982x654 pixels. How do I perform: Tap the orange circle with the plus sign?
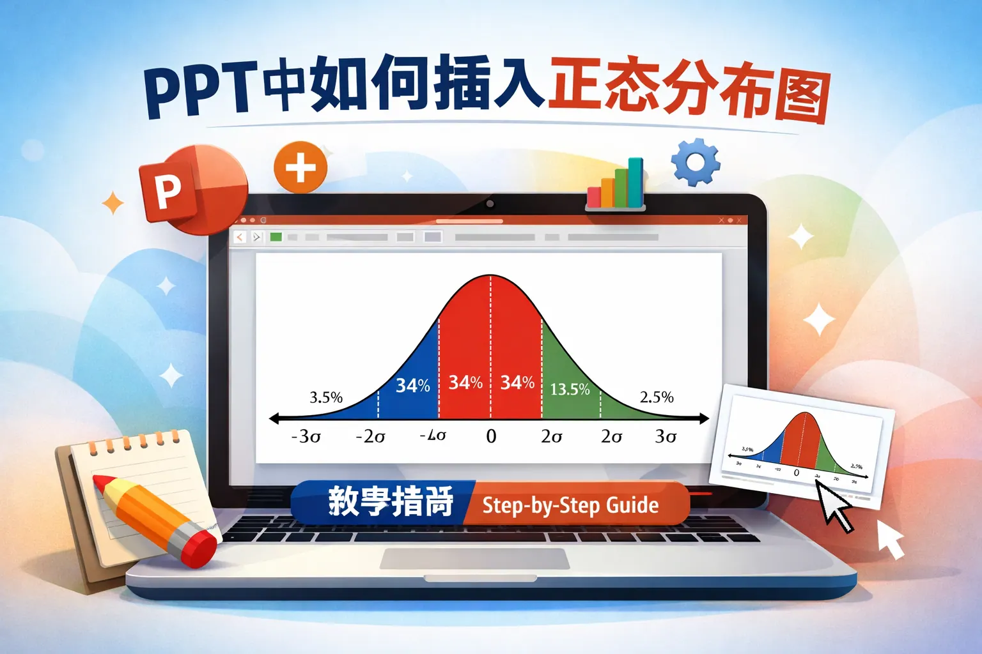(x=300, y=167)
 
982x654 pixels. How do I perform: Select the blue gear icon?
(x=696, y=162)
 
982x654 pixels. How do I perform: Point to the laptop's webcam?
(x=490, y=204)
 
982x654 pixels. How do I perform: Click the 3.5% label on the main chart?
(x=326, y=397)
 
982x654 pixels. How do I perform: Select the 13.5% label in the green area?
(x=570, y=389)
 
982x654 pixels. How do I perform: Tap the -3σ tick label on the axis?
(x=306, y=436)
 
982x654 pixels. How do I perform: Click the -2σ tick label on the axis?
(x=370, y=437)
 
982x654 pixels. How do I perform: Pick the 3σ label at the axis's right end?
(x=666, y=436)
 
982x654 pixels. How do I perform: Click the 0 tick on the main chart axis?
(x=491, y=436)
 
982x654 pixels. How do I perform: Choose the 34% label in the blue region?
(x=412, y=386)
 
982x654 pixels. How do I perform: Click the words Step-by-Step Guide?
(x=570, y=505)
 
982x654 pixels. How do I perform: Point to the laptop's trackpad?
(x=474, y=558)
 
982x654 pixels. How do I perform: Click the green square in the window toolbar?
(x=276, y=237)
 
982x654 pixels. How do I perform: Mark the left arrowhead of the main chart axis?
(x=274, y=419)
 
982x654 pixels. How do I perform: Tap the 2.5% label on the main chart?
(x=657, y=397)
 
